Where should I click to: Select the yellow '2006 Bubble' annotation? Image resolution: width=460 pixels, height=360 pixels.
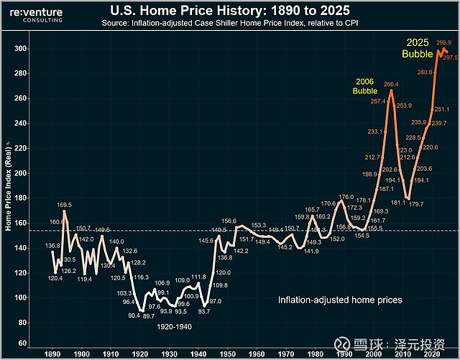(364, 86)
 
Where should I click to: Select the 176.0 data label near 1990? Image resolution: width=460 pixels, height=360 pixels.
(346, 197)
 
